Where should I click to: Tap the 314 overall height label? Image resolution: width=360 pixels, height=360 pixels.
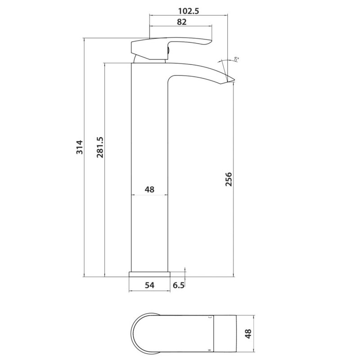pos(79,148)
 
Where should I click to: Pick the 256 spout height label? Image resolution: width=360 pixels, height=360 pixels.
pos(228,181)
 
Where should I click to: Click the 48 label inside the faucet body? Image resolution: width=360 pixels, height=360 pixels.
pos(149,189)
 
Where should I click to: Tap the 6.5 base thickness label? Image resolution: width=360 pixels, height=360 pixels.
pos(179,285)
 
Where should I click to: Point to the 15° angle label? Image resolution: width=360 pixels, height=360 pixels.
pos(236,58)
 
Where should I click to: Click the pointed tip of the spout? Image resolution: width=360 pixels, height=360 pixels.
pos(234,81)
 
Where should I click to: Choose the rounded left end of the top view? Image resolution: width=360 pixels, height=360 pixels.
pos(135,333)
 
